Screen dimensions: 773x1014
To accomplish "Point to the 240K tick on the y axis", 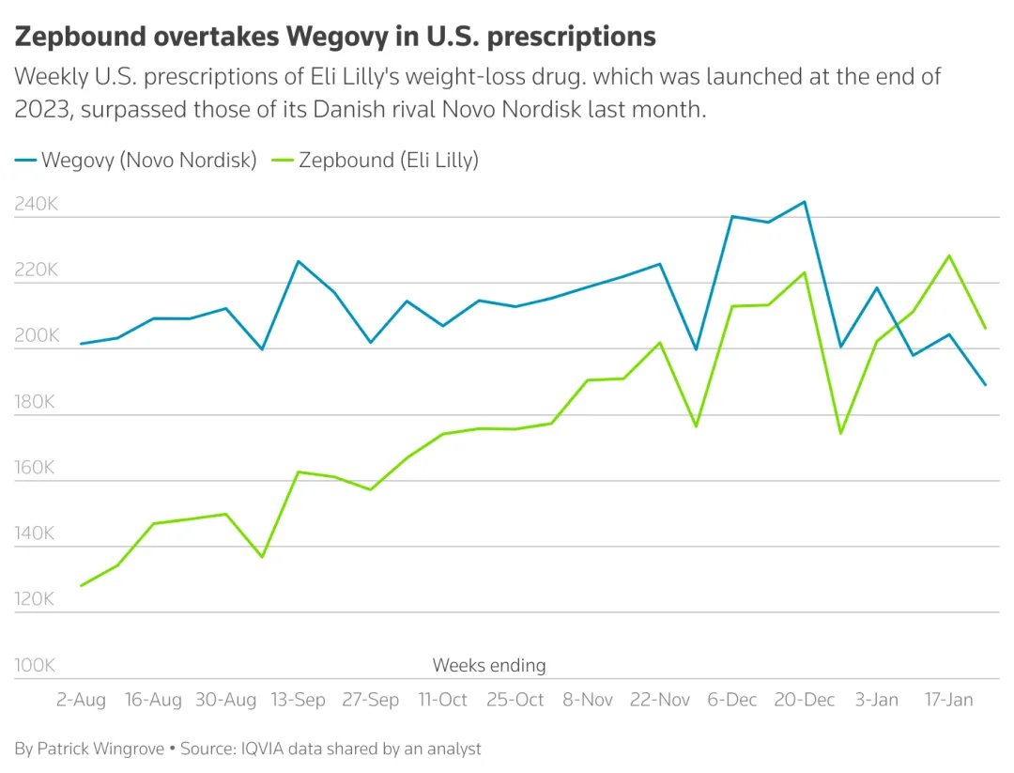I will [x=36, y=204].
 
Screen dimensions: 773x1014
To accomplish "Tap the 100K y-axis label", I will [x=36, y=665].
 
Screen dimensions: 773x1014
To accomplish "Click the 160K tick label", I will [x=36, y=468].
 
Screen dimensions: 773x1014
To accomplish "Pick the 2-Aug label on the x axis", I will [x=82, y=700].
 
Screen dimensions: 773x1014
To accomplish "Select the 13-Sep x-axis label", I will [x=299, y=700].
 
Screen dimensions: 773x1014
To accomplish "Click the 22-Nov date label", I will [x=659, y=700].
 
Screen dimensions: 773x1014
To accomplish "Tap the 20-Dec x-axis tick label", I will [x=804, y=700].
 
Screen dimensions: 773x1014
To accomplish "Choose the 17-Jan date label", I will [x=949, y=700].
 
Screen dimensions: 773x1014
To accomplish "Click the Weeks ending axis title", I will [x=488, y=665].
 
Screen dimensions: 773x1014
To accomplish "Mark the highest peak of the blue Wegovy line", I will [x=804, y=201].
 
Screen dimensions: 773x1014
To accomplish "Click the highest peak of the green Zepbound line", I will [x=949, y=255].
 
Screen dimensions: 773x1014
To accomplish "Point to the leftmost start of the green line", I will [x=82, y=585].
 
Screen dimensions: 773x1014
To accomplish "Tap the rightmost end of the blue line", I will [x=985, y=384].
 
